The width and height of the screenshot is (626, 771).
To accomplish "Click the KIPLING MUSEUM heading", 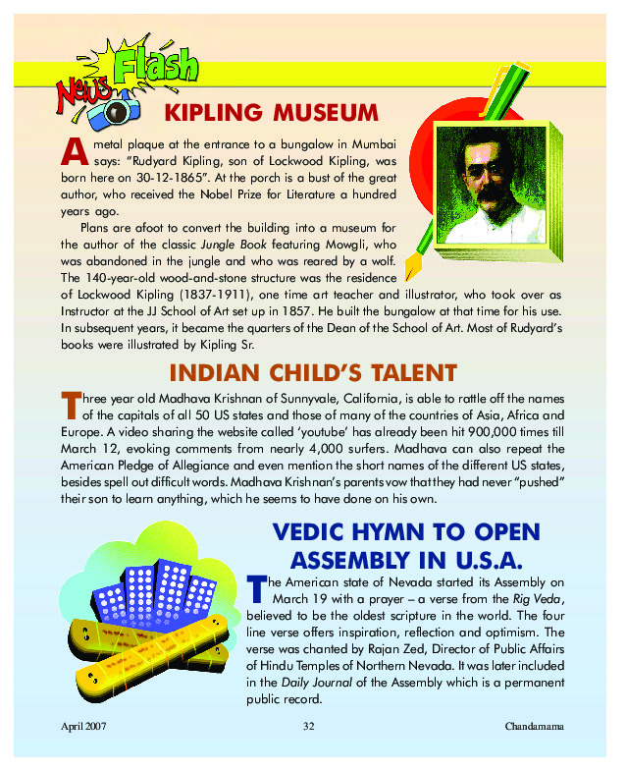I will tap(271, 109).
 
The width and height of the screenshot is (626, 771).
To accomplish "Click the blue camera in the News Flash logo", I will tap(111, 110).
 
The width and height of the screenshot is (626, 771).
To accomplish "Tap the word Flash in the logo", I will tap(155, 67).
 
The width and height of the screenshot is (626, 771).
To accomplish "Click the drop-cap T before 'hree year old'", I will tap(69, 405).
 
